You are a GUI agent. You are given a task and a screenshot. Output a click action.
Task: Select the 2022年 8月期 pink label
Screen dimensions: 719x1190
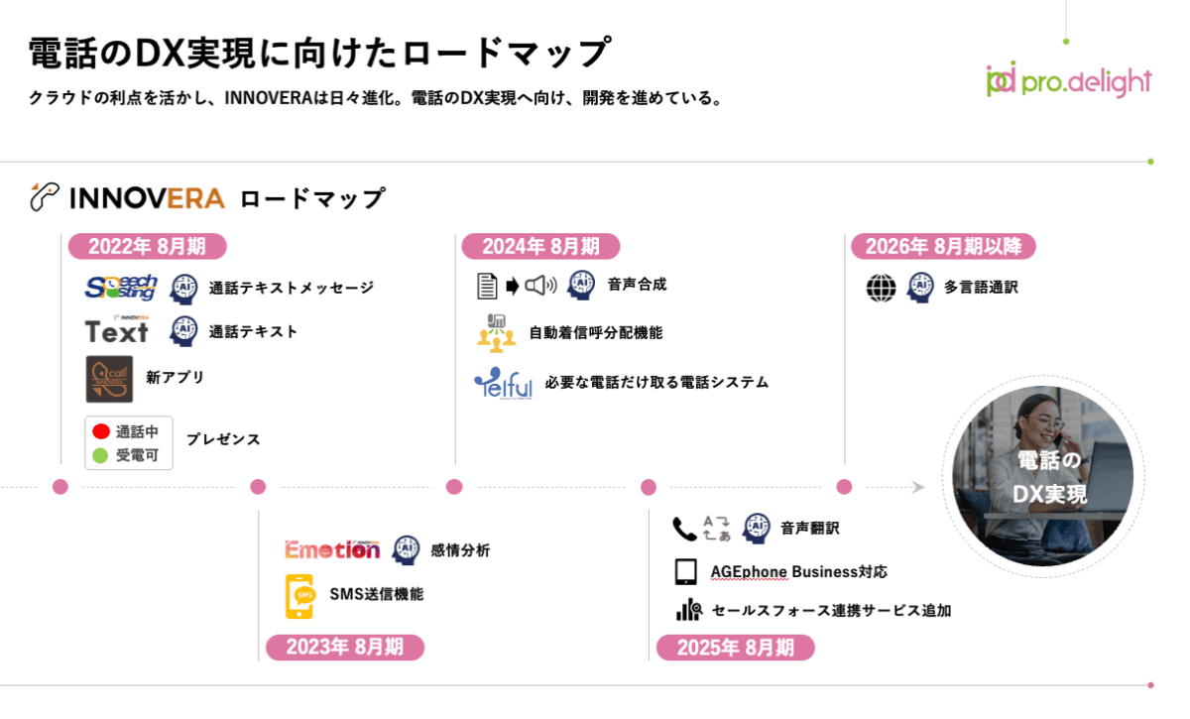coord(147,247)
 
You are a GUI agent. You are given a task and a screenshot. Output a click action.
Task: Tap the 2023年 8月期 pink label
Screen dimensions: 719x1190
coord(344,648)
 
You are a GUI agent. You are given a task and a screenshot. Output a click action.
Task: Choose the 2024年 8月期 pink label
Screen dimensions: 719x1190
coord(540,247)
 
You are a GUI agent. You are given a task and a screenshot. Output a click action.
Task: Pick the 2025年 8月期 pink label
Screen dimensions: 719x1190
coord(735,649)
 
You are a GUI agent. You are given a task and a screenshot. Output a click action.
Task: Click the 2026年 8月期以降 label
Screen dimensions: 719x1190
coord(943,246)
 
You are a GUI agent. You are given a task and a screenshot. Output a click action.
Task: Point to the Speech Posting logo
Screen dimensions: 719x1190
coord(121,288)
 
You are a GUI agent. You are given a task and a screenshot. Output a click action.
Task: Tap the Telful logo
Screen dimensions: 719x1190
coord(503,383)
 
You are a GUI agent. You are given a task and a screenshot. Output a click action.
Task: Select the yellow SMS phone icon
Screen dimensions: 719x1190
coord(299,595)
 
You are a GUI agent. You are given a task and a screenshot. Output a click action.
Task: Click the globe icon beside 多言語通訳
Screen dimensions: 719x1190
coord(881,288)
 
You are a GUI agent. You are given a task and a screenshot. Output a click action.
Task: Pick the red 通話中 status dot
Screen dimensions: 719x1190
coord(100,432)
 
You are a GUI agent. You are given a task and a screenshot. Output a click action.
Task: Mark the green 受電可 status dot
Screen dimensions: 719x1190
coord(100,456)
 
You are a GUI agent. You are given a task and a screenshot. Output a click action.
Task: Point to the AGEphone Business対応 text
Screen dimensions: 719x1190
coord(798,572)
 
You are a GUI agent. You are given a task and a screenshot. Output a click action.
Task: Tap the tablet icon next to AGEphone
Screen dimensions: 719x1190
coord(685,572)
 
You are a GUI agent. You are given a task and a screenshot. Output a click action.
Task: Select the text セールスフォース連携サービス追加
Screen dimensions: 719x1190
coord(831,611)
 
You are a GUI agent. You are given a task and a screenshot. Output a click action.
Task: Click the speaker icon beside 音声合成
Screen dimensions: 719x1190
coord(541,286)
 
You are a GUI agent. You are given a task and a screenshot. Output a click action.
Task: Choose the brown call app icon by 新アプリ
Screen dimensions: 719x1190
coord(109,379)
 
